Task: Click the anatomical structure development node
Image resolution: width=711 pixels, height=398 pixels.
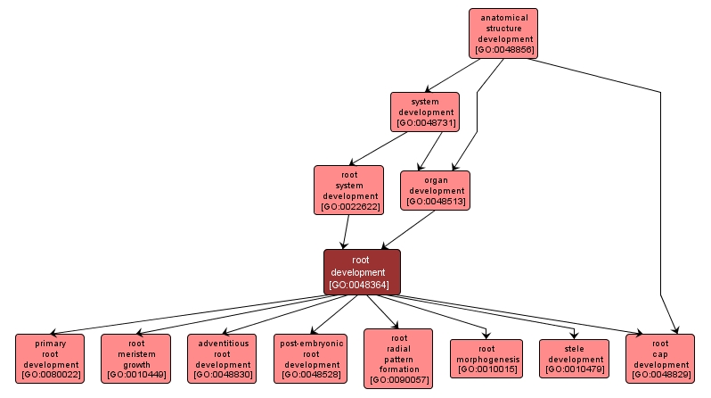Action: pos(505,34)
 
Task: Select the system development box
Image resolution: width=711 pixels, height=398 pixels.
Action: pos(425,112)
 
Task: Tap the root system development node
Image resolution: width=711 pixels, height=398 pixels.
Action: pos(348,189)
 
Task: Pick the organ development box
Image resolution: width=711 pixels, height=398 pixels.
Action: pos(435,189)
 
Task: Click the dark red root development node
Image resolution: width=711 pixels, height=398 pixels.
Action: pos(362,271)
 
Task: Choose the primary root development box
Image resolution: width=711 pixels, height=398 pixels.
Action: pos(50,358)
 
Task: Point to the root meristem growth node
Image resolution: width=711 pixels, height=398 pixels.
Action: pos(135,358)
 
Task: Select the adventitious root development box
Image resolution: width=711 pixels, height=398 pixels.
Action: pos(222,358)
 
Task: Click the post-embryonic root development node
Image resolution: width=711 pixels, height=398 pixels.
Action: pos(309,358)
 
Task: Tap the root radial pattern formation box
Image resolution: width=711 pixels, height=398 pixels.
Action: pos(397,358)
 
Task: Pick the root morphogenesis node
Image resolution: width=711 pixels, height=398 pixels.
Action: pos(486,358)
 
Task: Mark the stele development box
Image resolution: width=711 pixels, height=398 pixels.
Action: pos(574,358)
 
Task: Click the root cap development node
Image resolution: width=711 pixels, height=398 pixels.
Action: pos(660,358)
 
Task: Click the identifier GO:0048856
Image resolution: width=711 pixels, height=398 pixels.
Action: pos(505,51)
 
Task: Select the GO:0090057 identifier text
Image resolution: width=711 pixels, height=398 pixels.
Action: pos(397,380)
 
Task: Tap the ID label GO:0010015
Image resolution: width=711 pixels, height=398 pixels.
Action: pos(486,369)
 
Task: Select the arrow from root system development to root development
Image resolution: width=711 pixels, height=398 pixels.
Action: pos(345,232)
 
